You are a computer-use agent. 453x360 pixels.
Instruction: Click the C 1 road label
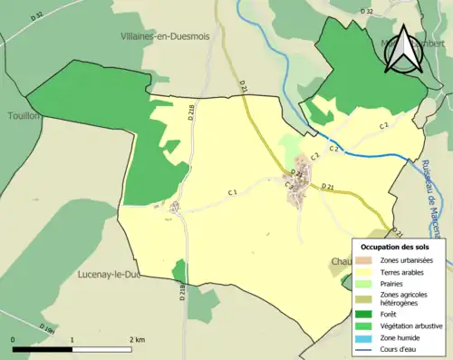coord(232,191)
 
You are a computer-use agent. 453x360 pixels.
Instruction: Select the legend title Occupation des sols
coord(397,247)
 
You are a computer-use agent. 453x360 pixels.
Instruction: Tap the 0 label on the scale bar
coord(14,339)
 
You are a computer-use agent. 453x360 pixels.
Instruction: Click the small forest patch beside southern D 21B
coord(179,270)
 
